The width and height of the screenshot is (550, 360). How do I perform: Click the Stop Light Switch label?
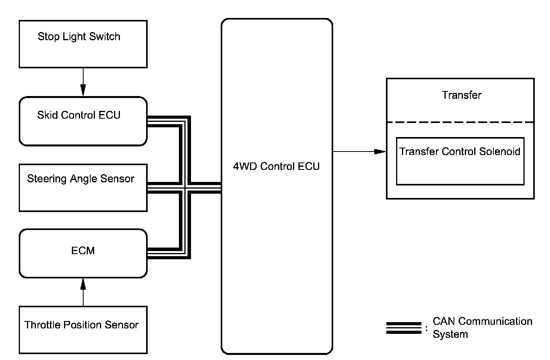pos(79,37)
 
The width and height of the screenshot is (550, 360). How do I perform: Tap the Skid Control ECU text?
pos(79,115)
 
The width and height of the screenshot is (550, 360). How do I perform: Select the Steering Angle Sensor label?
pos(80,179)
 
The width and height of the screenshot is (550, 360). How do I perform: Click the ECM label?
pos(83,251)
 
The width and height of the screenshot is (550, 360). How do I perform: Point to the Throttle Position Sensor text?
pos(81,325)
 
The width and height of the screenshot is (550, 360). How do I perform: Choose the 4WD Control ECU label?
pos(276,166)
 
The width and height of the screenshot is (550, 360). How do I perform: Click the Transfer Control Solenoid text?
pos(460,151)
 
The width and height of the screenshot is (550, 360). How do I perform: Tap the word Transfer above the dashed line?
pos(462,95)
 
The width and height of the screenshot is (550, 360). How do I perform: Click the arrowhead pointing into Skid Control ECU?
pos(83,91)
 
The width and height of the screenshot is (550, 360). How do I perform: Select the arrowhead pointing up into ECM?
pos(83,284)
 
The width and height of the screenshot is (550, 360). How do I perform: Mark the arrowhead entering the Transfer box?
pos(380,151)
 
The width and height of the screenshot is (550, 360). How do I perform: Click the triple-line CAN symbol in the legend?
pos(404,328)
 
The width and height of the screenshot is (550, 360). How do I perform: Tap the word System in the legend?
pos(450,334)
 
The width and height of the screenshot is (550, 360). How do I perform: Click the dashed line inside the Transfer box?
pos(460,122)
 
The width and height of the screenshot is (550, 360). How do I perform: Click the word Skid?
pos(45,115)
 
